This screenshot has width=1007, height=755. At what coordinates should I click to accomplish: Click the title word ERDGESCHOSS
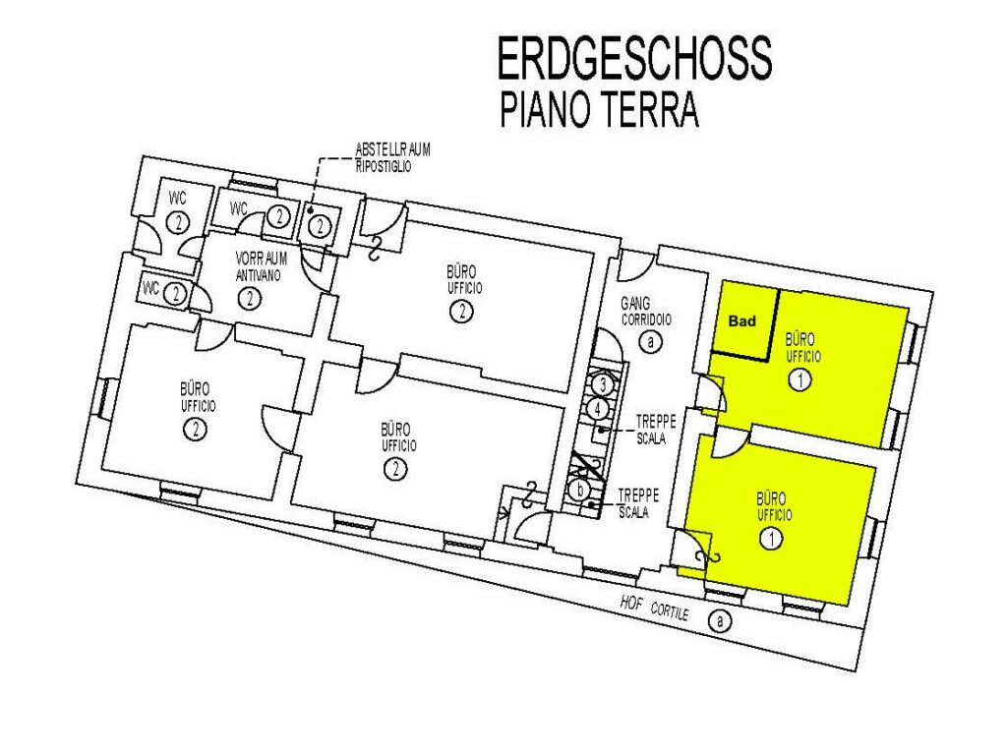[x=634, y=57]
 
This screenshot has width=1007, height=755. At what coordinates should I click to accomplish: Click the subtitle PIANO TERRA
[x=599, y=110]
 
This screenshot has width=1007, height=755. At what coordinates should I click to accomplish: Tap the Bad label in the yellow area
[x=742, y=321]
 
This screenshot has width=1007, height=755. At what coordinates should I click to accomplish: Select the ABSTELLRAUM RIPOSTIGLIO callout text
[x=393, y=158]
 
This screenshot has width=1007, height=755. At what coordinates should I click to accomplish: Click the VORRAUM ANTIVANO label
[x=262, y=267]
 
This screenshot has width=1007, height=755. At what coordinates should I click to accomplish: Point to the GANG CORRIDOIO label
[x=645, y=312]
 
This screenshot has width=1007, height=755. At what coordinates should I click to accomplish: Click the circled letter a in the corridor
[x=651, y=341]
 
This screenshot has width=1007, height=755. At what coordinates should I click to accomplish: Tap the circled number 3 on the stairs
[x=602, y=385]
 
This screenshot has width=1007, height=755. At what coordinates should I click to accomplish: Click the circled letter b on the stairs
[x=580, y=491]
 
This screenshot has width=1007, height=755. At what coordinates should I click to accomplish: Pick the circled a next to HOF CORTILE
[x=720, y=621]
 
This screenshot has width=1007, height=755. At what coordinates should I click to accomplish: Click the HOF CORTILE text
[x=654, y=608]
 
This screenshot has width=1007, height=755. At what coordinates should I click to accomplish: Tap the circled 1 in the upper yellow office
[x=800, y=380]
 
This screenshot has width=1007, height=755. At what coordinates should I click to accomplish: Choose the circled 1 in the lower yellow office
[x=771, y=538]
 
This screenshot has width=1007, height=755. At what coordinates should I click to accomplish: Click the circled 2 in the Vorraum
[x=249, y=299]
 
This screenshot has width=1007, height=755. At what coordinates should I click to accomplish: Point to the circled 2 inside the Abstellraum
[x=320, y=226]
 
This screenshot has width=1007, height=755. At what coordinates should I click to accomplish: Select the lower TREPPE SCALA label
[x=637, y=503]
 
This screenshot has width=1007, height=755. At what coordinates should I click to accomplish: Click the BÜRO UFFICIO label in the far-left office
[x=198, y=397]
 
